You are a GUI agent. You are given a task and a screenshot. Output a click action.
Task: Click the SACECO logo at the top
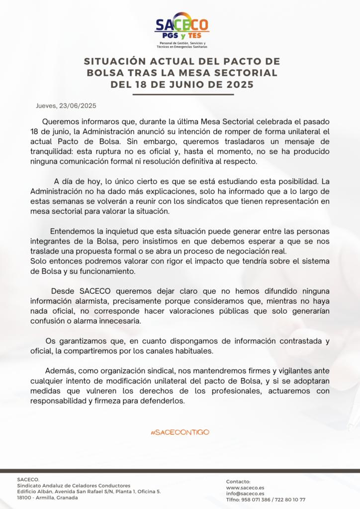[x=181, y=29]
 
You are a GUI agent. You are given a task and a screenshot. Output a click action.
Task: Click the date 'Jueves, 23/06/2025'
[x=66, y=106]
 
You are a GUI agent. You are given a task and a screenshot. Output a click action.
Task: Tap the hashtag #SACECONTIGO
[x=180, y=432]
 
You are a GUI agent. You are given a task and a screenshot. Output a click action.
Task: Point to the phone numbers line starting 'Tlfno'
[x=266, y=500]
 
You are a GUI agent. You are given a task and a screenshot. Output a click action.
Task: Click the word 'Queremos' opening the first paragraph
[x=59, y=121]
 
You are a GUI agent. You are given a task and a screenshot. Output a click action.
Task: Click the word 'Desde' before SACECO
[x=63, y=291]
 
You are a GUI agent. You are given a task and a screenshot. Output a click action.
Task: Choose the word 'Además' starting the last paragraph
[x=58, y=371]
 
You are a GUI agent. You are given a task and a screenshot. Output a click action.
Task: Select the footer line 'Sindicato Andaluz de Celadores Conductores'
[x=74, y=486]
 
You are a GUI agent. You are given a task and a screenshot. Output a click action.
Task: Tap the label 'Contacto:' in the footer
[x=238, y=482]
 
